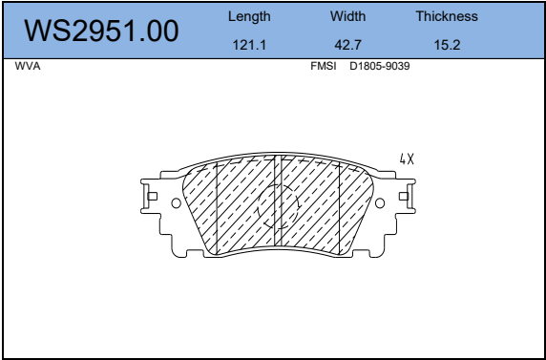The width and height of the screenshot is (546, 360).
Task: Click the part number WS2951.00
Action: click(101, 32)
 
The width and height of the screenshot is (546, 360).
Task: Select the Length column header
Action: click(249, 17)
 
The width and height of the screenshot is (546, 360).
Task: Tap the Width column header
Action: click(347, 16)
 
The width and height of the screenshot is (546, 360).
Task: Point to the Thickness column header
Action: click(447, 16)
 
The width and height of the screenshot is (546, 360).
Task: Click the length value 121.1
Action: click(249, 45)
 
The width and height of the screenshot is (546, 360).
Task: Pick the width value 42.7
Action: click(347, 45)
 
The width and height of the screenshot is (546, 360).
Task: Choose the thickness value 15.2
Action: click(447, 45)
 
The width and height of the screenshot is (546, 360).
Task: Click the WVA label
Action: click(28, 66)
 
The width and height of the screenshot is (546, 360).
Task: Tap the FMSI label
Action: click(324, 66)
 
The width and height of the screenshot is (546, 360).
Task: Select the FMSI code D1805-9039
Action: click(380, 66)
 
